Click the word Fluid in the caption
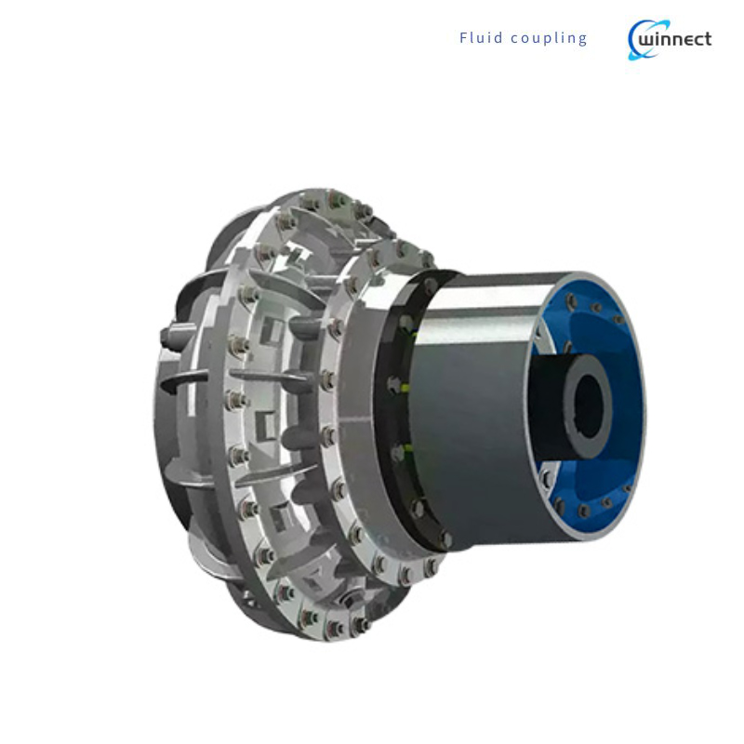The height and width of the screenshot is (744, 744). pyautogui.click(x=481, y=38)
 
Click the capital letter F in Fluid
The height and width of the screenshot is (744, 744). pyautogui.click(x=463, y=38)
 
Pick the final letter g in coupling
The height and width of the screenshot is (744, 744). pyautogui.click(x=583, y=40)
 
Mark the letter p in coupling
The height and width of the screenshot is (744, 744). pyautogui.click(x=549, y=40)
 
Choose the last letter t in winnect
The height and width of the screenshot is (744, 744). pyautogui.click(x=708, y=39)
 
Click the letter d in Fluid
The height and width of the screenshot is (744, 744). pyautogui.click(x=500, y=38)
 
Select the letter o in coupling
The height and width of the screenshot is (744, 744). pyautogui.click(x=527, y=39)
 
